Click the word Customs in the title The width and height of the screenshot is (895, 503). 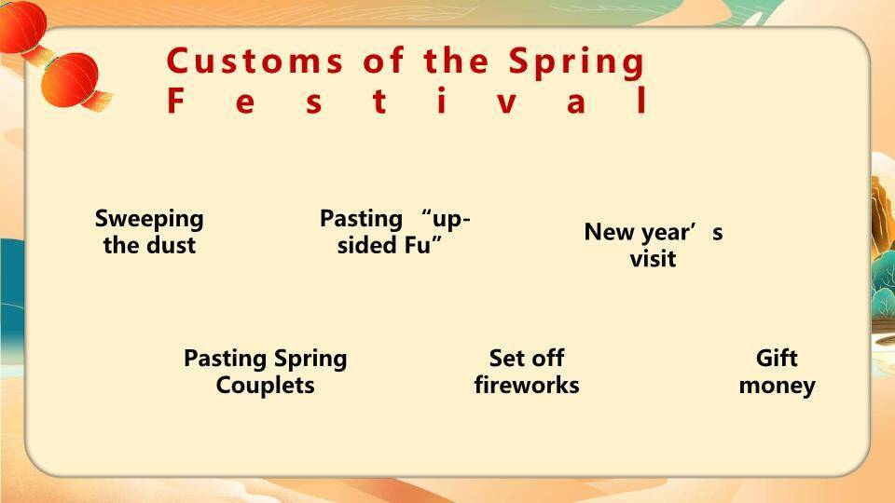tap(255, 61)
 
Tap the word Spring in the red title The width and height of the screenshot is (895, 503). tap(576, 62)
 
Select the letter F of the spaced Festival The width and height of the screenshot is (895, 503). tap(175, 101)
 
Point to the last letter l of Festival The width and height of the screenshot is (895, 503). tap(642, 101)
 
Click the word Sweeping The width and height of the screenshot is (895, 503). tap(149, 219)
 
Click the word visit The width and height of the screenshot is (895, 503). tap(653, 259)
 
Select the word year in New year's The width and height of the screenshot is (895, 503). tap(666, 233)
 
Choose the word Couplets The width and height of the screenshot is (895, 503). tap(266, 386)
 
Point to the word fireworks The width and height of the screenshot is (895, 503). tap(527, 385)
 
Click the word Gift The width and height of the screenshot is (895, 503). tap(777, 358)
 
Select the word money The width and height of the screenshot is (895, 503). tap(777, 386)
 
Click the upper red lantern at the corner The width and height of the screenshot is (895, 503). tap(21, 27)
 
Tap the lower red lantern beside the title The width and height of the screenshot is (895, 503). tap(70, 80)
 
